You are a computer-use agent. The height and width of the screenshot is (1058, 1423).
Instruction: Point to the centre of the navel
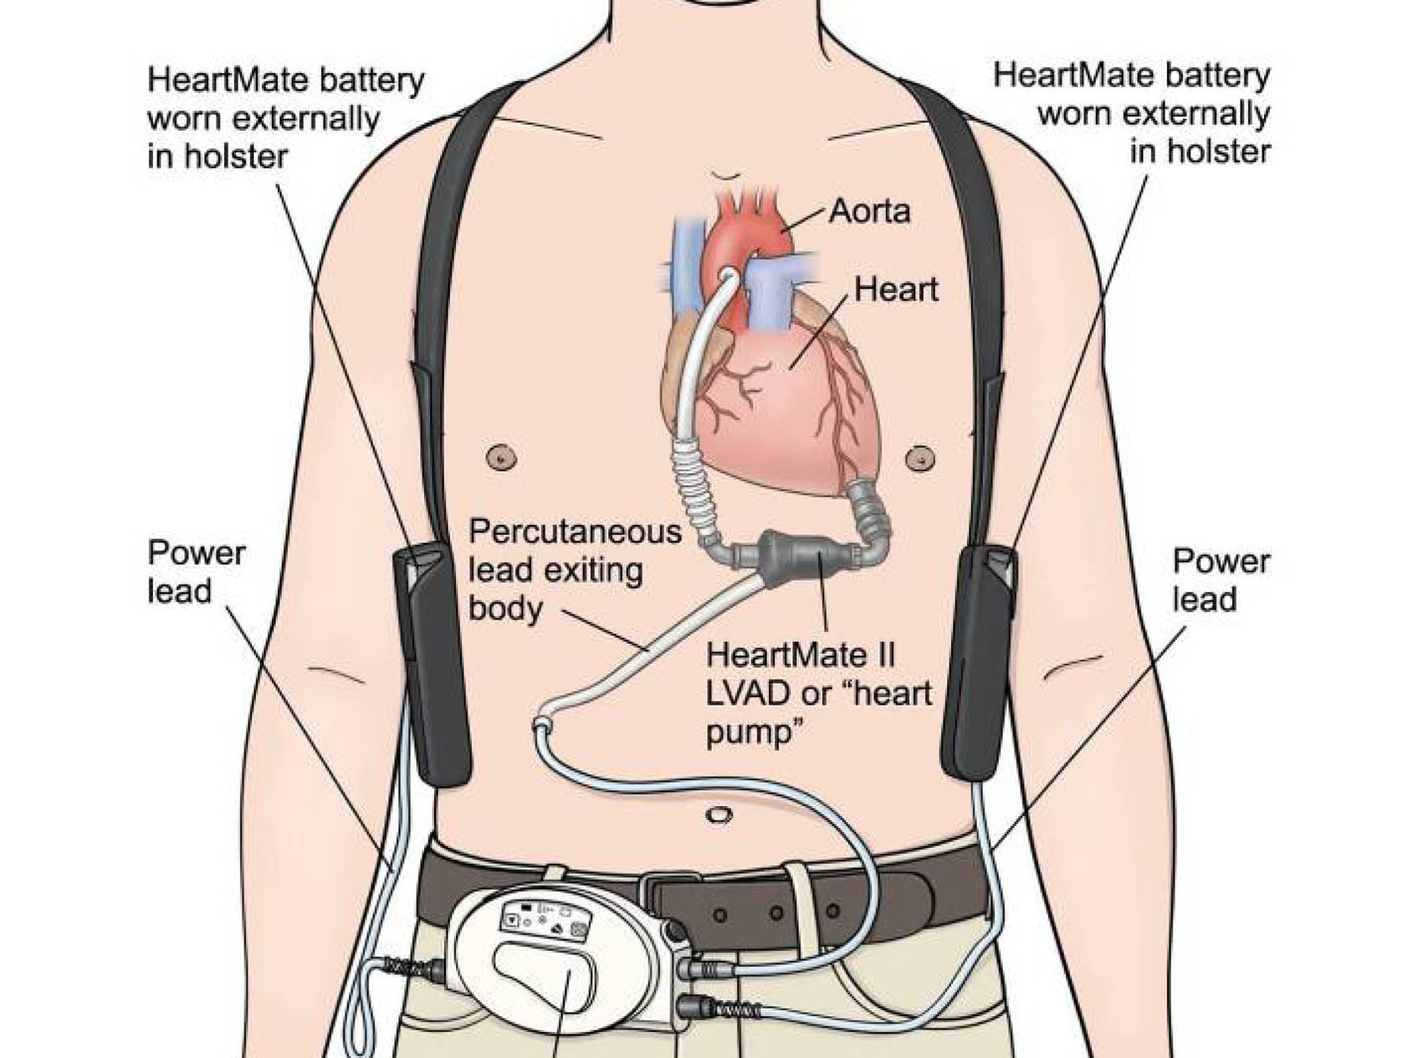pos(715,814)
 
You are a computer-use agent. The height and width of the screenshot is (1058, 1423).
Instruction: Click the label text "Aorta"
pos(869,211)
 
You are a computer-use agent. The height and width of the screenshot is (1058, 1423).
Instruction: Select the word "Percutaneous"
pos(575,532)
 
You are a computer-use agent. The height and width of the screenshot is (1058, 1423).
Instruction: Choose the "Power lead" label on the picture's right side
pos(1221,580)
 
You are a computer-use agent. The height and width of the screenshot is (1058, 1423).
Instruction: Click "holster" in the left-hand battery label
pos(237,157)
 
